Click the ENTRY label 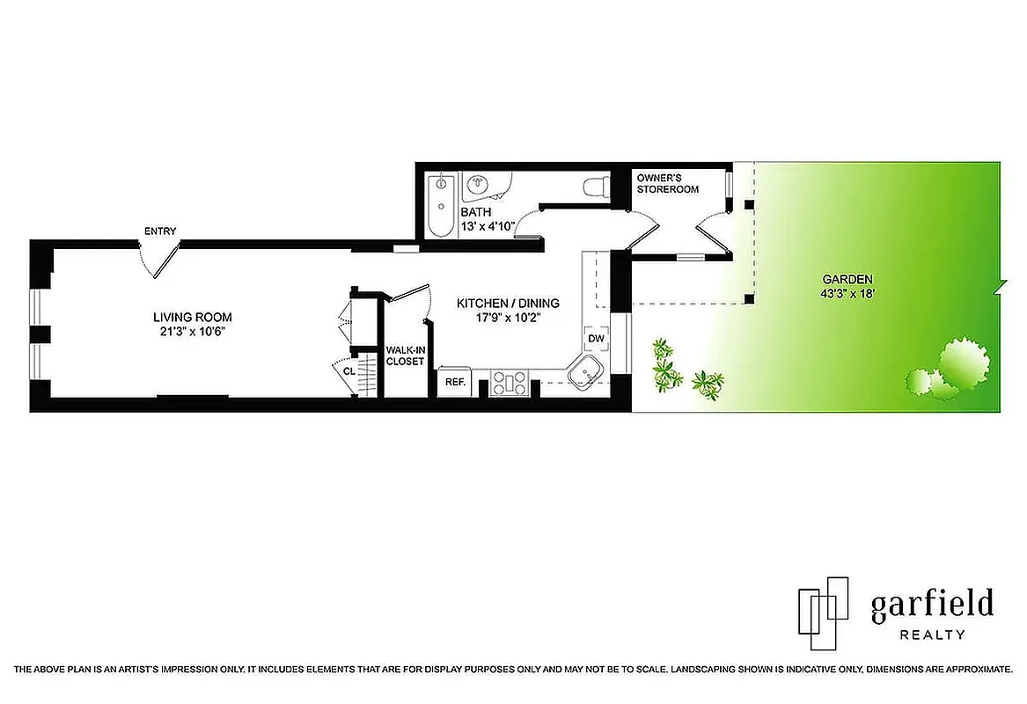click(x=160, y=231)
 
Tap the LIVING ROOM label click(x=193, y=318)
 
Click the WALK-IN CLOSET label click(x=405, y=356)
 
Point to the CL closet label click(x=349, y=371)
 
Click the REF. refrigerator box click(x=454, y=382)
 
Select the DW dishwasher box click(x=596, y=339)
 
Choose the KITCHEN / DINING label click(x=508, y=304)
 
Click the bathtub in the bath click(x=439, y=205)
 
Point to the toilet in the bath click(x=598, y=186)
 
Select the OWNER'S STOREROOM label click(x=667, y=183)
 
